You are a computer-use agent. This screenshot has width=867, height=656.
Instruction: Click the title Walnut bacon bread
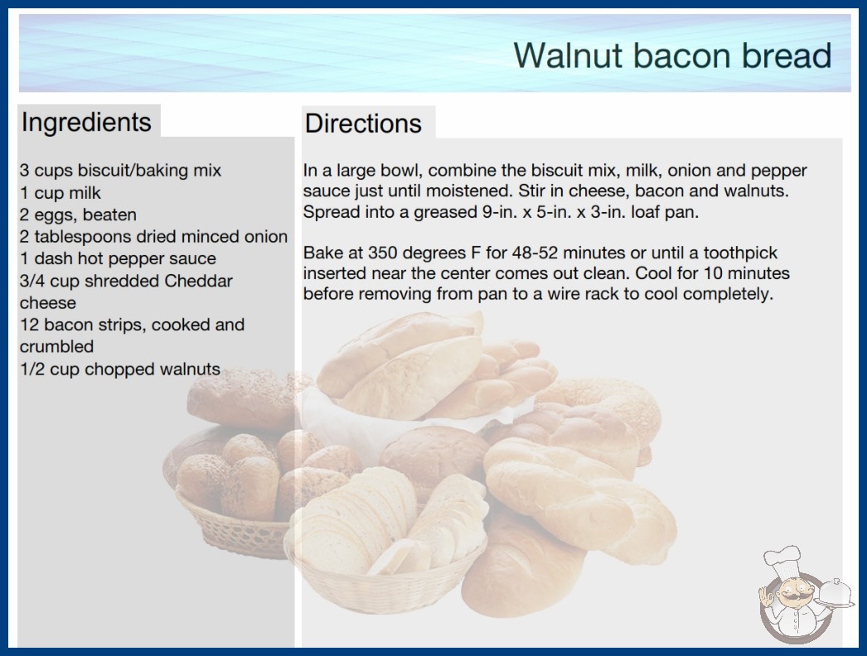[x=672, y=55]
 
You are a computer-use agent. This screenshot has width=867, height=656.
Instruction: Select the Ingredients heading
[x=86, y=122]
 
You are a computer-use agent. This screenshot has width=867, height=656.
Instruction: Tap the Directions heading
[x=363, y=123]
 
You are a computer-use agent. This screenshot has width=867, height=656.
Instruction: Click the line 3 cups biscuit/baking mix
[x=120, y=171]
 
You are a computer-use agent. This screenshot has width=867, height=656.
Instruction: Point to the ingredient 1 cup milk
[x=61, y=193]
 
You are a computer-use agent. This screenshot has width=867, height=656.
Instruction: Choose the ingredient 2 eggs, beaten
[x=78, y=215]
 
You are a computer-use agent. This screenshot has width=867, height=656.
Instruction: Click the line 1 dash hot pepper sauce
[x=118, y=258]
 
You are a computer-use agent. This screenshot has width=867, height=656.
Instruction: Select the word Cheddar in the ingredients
[x=198, y=281]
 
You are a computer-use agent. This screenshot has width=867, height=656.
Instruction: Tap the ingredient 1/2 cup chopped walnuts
[x=120, y=369]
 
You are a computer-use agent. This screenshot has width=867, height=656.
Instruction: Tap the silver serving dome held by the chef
[x=835, y=593]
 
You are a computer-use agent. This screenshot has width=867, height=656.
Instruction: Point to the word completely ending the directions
[x=728, y=294]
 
